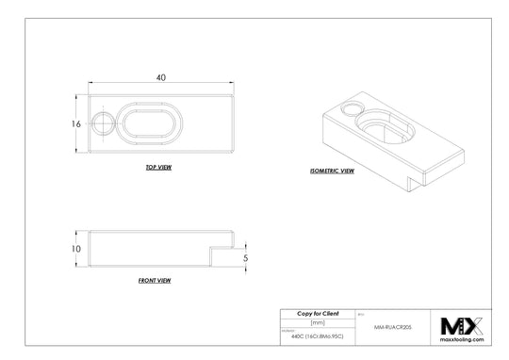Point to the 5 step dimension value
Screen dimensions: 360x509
click(245, 256)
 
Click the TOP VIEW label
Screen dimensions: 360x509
click(158, 166)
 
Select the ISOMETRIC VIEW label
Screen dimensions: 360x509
click(332, 172)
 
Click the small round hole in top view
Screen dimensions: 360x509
click(104, 123)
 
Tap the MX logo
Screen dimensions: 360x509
click(462, 325)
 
